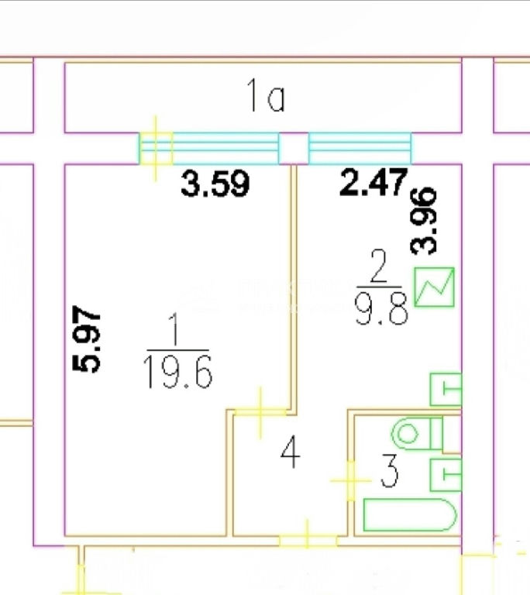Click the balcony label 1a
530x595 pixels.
(x=265, y=95)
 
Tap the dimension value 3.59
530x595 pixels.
(x=215, y=184)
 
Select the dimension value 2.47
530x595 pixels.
(x=373, y=182)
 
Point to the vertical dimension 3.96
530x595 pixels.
(x=424, y=221)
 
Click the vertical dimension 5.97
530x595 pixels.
(x=87, y=338)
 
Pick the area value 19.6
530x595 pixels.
(x=177, y=372)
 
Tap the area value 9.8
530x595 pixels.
(x=381, y=308)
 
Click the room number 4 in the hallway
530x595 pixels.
(x=291, y=452)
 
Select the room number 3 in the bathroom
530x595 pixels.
(x=390, y=470)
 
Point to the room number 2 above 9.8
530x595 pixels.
(x=378, y=266)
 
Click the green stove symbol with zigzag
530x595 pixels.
(x=434, y=287)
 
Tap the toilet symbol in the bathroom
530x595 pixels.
(x=418, y=433)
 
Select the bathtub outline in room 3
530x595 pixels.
(x=410, y=514)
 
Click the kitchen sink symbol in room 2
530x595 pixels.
(x=446, y=390)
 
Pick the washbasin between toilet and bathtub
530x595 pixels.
(x=446, y=475)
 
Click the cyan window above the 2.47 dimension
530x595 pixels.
(x=360, y=149)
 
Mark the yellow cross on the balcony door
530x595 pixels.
(x=155, y=149)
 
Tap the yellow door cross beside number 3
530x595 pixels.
(x=351, y=480)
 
